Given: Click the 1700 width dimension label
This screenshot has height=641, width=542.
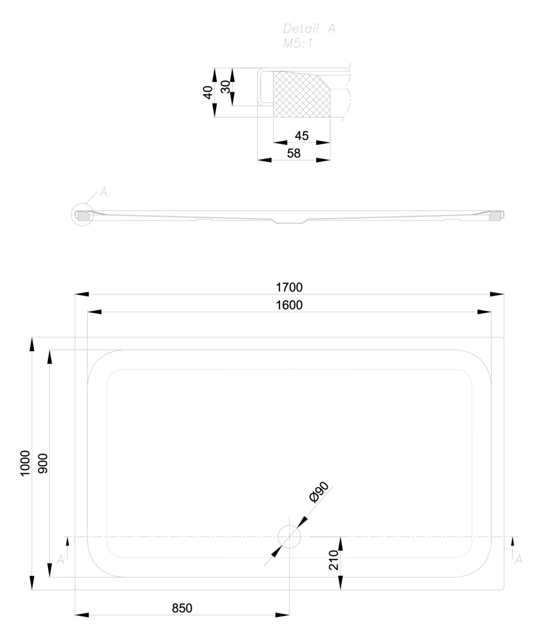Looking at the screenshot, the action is pyautogui.click(x=289, y=288).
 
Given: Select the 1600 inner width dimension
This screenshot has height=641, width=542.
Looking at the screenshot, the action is pyautogui.click(x=289, y=305).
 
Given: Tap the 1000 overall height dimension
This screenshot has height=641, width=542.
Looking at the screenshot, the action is pyautogui.click(x=25, y=463).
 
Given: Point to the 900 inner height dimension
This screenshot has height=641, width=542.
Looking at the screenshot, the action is pyautogui.click(x=42, y=463).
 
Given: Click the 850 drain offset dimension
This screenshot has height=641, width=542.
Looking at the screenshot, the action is pyautogui.click(x=182, y=609).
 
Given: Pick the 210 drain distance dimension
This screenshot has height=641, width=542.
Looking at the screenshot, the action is pyautogui.click(x=334, y=560).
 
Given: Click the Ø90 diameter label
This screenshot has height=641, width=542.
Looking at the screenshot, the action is pyautogui.click(x=319, y=491).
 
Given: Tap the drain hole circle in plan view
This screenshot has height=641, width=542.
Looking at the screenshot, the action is pyautogui.click(x=289, y=537).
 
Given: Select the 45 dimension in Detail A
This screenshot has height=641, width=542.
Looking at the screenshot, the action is pyautogui.click(x=302, y=135).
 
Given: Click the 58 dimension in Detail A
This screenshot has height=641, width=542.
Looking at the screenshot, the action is pyautogui.click(x=294, y=153).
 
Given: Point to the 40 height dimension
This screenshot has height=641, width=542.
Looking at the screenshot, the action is pyautogui.click(x=208, y=92).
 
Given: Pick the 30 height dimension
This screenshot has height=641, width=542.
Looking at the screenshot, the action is pyautogui.click(x=226, y=87).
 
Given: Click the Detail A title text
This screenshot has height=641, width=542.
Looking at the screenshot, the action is pyautogui.click(x=309, y=29).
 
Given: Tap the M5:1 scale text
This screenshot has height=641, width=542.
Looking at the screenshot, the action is pyautogui.click(x=298, y=43).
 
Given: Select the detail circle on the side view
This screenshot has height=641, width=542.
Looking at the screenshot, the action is pyautogui.click(x=82, y=215).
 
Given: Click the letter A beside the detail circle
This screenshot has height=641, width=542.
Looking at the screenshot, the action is pyautogui.click(x=103, y=192).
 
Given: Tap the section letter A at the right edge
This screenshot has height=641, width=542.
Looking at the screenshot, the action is pyautogui.click(x=518, y=559).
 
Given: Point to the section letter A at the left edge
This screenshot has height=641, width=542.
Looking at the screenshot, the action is pyautogui.click(x=60, y=559).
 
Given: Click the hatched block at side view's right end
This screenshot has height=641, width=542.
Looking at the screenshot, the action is pyautogui.click(x=496, y=215).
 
